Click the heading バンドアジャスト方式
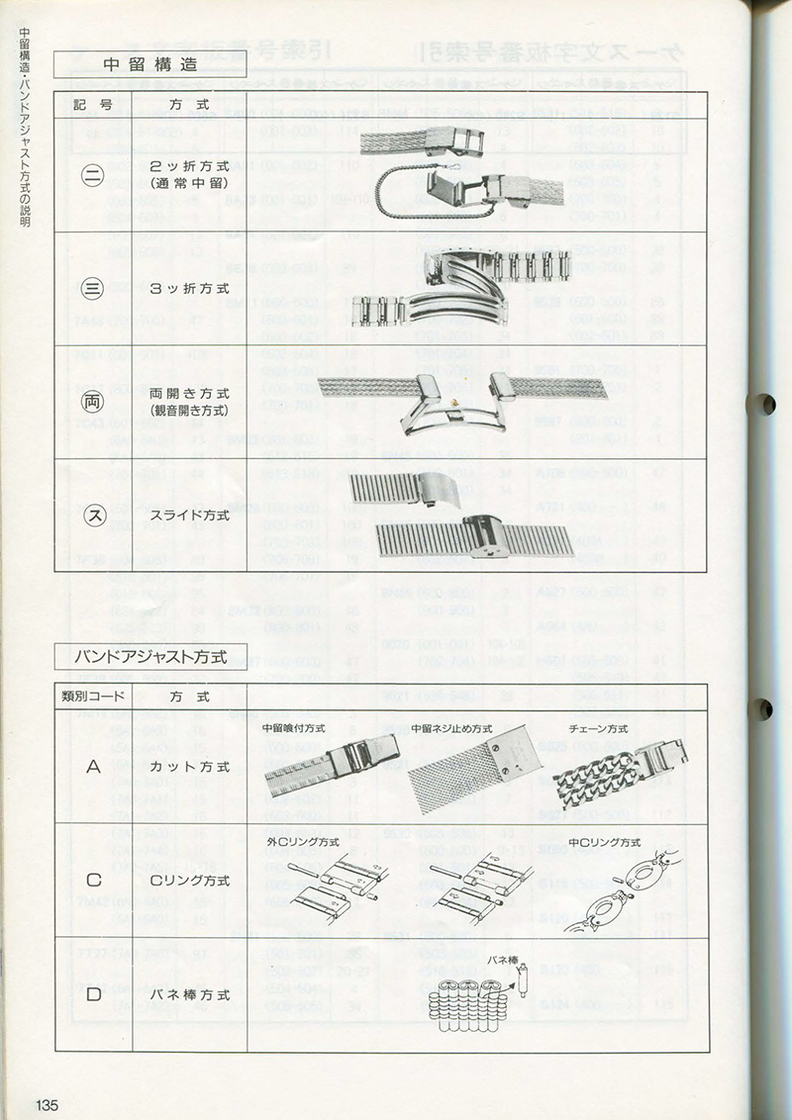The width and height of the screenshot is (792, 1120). [x=150, y=656]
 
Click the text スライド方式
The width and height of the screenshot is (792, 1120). [x=189, y=515]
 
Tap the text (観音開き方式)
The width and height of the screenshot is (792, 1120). [x=189, y=411]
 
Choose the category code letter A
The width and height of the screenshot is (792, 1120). [x=94, y=766]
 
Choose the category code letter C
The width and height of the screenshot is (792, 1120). [x=94, y=880]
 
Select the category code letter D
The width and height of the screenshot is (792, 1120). [x=94, y=994]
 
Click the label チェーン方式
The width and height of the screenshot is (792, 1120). [x=603, y=728]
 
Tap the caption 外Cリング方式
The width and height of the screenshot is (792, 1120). [x=303, y=841]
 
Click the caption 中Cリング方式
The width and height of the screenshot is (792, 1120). [x=607, y=841]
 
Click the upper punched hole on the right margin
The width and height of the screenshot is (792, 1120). [x=764, y=404]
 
